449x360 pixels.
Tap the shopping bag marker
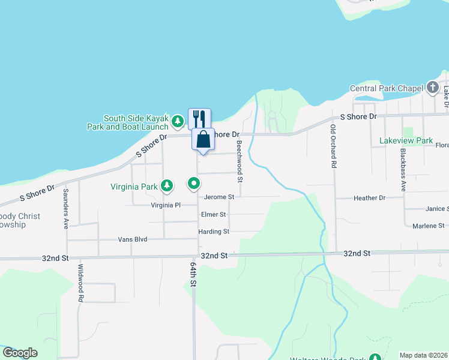click(x=203, y=139)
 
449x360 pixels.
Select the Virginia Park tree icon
click(x=167, y=187)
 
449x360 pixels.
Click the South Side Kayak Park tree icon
click(x=178, y=122)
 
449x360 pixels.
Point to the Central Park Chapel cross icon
click(x=433, y=88)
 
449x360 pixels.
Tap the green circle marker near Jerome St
click(x=193, y=183)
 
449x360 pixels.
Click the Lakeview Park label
click(x=406, y=140)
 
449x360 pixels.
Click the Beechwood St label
click(x=239, y=161)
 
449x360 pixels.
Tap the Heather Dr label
click(x=369, y=197)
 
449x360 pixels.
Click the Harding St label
click(x=214, y=232)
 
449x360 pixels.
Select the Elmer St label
click(x=214, y=214)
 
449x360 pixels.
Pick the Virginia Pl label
click(x=166, y=205)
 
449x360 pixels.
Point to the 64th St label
click(x=193, y=274)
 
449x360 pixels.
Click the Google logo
click(x=20, y=353)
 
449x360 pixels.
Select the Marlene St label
click(x=429, y=226)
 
